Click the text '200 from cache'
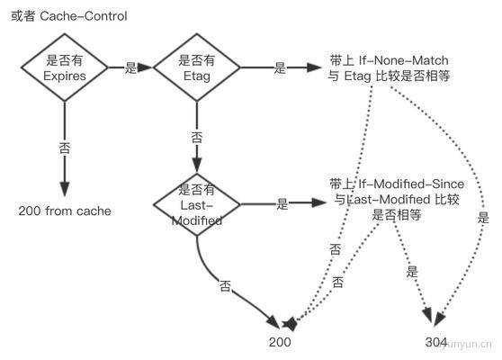pyautogui.click(x=65, y=211)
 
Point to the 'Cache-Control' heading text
pyautogui.click(x=84, y=16)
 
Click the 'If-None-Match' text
pyautogui.click(x=403, y=60)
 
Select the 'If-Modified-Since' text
pyautogui.click(x=411, y=184)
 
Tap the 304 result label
pyautogui.click(x=435, y=342)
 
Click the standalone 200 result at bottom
pyautogui.click(x=280, y=342)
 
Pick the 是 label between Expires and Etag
pyautogui.click(x=130, y=67)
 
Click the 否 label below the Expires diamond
pyautogui.click(x=65, y=148)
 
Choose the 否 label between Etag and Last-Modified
pyautogui.click(x=197, y=138)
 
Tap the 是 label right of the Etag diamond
pyautogui.click(x=280, y=67)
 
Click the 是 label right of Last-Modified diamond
pyautogui.click(x=282, y=204)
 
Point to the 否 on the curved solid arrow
pyautogui.click(x=225, y=286)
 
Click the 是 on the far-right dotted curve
pyautogui.click(x=483, y=218)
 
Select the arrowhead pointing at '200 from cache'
pyautogui.click(x=65, y=189)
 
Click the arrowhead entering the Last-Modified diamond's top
pyautogui.click(x=197, y=166)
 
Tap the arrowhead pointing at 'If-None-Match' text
pyautogui.click(x=314, y=67)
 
